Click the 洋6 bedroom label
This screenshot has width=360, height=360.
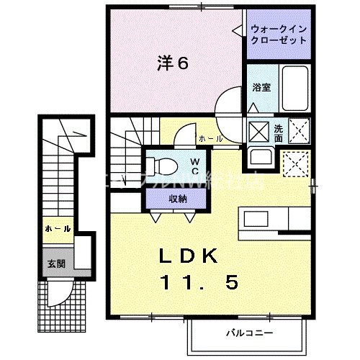173,63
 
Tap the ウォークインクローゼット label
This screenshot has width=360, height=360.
278,35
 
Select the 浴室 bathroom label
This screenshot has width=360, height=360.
260,88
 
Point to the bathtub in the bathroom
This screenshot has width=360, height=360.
294,88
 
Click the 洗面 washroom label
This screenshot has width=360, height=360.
279,131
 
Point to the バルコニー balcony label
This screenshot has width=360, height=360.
245,333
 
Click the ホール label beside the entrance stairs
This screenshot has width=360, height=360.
57,228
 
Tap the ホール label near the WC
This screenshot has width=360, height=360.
210,138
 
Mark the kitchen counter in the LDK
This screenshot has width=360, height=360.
276,217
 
